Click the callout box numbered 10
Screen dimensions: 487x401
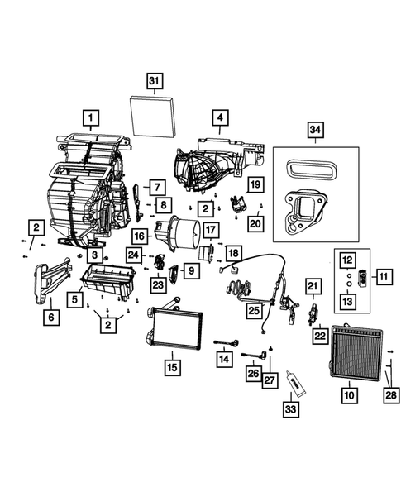pyautogui.click(x=350, y=396)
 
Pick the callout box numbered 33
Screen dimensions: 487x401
pyautogui.click(x=290, y=408)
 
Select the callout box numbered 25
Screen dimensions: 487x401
pyautogui.click(x=253, y=309)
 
